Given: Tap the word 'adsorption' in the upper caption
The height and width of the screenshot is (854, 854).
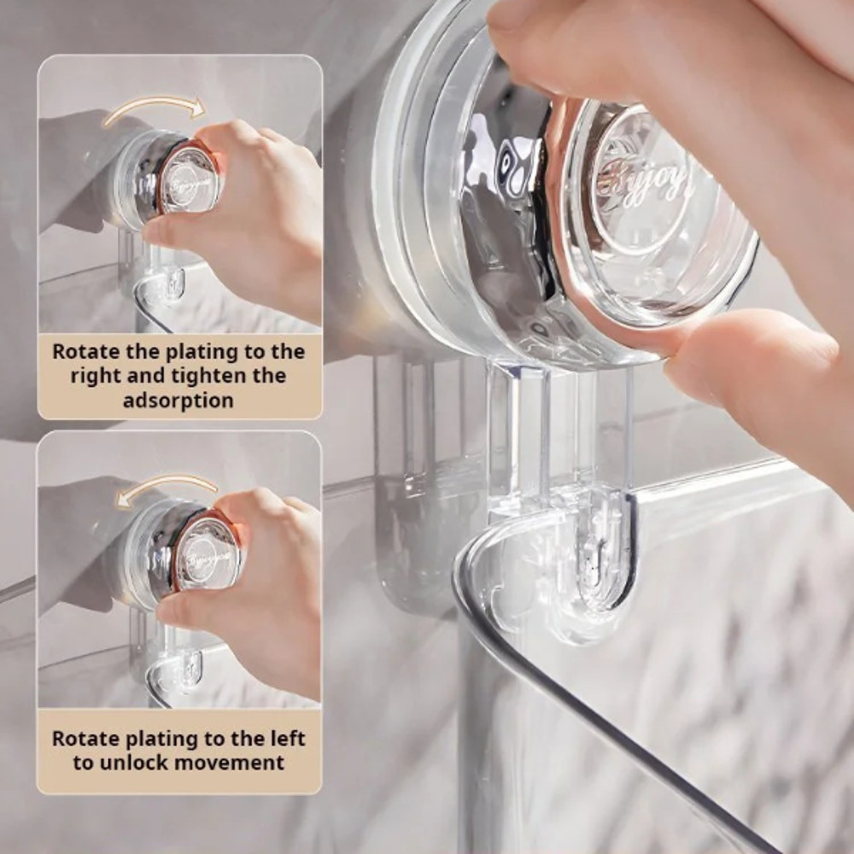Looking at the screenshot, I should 178,401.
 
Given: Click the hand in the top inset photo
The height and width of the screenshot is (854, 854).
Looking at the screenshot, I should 256,213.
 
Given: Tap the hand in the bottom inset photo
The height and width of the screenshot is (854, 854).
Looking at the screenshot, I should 265,589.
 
